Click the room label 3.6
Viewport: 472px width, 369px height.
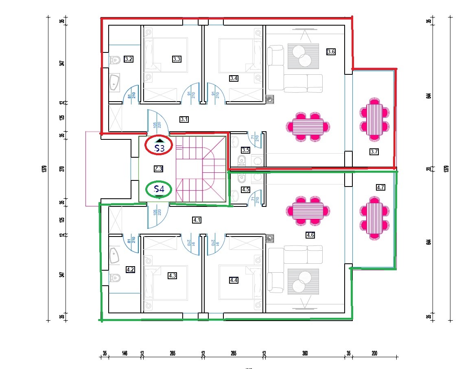[331, 52]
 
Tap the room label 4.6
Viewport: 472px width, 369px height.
[310, 235]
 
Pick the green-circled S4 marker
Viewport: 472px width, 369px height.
[159, 189]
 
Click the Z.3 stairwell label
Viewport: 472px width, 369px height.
[159, 169]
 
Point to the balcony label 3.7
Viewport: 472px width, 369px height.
[374, 152]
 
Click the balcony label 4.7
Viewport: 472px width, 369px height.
[380, 187]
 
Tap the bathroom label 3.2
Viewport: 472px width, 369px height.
[129, 59]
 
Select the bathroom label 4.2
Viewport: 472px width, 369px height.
[131, 269]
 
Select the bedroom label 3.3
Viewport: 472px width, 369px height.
[177, 59]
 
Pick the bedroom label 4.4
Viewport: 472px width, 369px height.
[234, 280]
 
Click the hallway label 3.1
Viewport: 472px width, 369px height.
[184, 119]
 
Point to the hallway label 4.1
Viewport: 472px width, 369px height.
[197, 220]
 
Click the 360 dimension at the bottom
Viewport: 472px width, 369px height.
[305, 354]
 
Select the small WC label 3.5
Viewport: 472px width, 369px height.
[245, 150]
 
